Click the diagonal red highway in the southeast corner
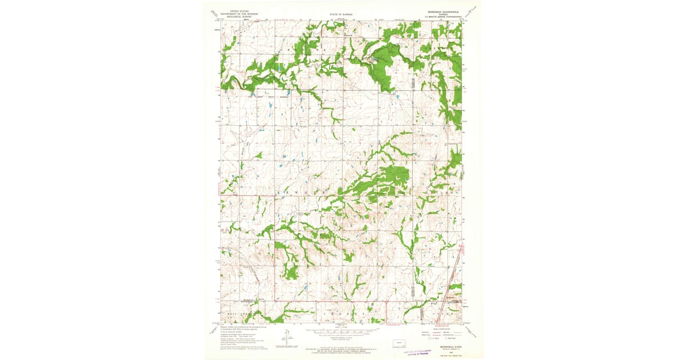[x=455, y=274]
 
